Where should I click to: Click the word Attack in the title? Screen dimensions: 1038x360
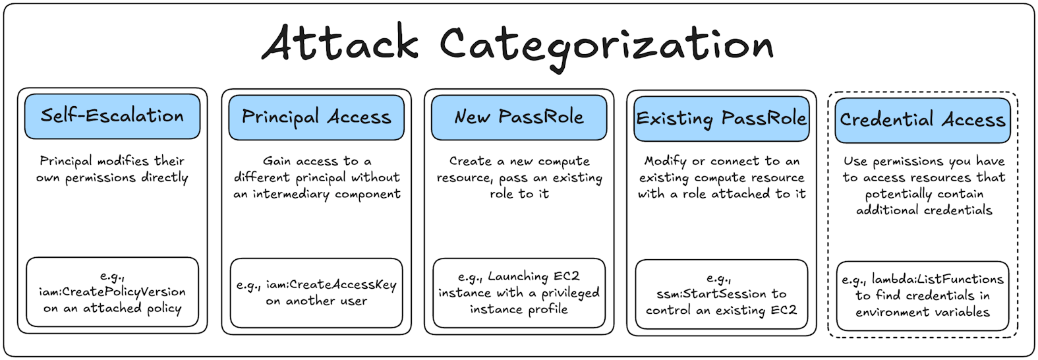tap(340, 44)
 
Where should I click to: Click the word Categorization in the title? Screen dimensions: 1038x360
tap(606, 45)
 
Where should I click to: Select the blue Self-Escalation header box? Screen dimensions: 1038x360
tap(112, 117)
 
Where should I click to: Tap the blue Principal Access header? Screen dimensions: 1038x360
tap(316, 117)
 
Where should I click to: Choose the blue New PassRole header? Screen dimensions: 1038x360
tap(519, 117)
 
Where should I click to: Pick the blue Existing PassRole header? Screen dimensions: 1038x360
tap(721, 119)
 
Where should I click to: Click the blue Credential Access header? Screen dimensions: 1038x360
tap(922, 120)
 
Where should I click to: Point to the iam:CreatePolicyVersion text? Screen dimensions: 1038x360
tap(112, 291)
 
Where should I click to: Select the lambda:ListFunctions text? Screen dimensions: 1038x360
tap(937, 280)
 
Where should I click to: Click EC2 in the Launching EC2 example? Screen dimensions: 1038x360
tap(566, 276)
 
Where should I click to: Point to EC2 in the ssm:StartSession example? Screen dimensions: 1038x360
tap(783, 310)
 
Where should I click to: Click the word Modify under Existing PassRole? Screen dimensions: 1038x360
tap(665, 161)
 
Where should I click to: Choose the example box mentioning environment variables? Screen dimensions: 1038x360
tap(922, 295)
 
